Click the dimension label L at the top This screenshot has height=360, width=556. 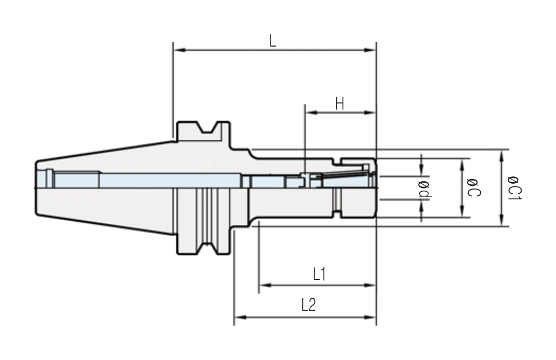(x=272, y=41)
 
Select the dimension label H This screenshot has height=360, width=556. (x=340, y=104)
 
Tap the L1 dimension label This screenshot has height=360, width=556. (x=319, y=274)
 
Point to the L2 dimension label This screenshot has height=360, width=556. (x=309, y=304)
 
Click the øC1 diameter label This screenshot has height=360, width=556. (x=515, y=187)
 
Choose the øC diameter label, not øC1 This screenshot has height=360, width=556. (x=474, y=188)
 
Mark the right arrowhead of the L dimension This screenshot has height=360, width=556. (x=370, y=50)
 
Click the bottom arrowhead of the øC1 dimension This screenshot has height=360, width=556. (x=501, y=220)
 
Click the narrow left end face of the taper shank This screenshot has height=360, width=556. (x=36, y=188)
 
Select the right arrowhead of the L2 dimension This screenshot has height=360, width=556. (x=370, y=317)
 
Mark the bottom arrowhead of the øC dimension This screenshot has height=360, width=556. (x=462, y=211)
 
